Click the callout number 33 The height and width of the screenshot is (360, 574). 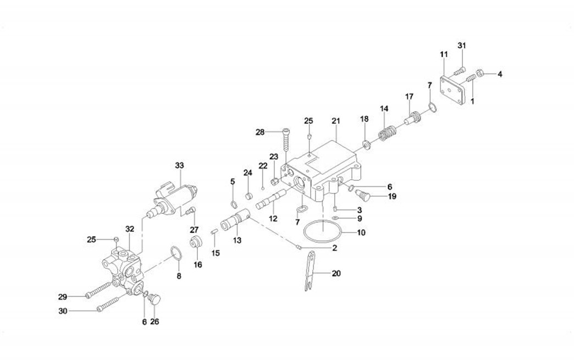(x=179, y=165)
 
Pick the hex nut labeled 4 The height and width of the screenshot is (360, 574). (x=479, y=73)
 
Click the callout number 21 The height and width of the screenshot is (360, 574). (x=335, y=121)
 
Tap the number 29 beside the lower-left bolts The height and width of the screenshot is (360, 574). (x=63, y=297)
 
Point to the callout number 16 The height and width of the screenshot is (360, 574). (x=198, y=264)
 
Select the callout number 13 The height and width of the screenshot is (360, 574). (x=237, y=240)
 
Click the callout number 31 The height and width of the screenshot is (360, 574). (x=462, y=45)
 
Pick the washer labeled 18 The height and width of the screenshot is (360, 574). (x=365, y=145)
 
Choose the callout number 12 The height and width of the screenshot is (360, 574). (x=273, y=219)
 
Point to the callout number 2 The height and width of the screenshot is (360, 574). (x=334, y=248)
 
